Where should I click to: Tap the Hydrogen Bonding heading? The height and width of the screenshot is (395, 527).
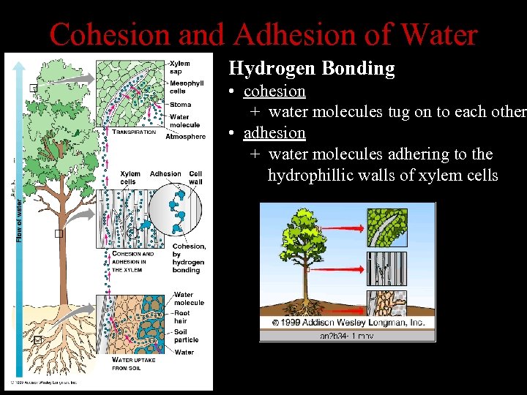coord(312,69)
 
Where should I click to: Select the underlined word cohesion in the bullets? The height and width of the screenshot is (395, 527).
coord(274,91)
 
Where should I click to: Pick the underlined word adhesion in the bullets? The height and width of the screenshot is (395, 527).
coord(274,133)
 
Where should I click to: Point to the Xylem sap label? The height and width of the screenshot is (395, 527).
coord(179,67)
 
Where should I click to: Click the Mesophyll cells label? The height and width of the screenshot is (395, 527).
coord(187,88)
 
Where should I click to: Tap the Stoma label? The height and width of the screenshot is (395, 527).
coord(180,105)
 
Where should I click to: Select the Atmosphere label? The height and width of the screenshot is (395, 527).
coord(185,137)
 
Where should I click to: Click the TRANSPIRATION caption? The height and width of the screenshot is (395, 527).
coord(134,132)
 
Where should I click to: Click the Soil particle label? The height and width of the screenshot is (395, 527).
coord(187,335)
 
